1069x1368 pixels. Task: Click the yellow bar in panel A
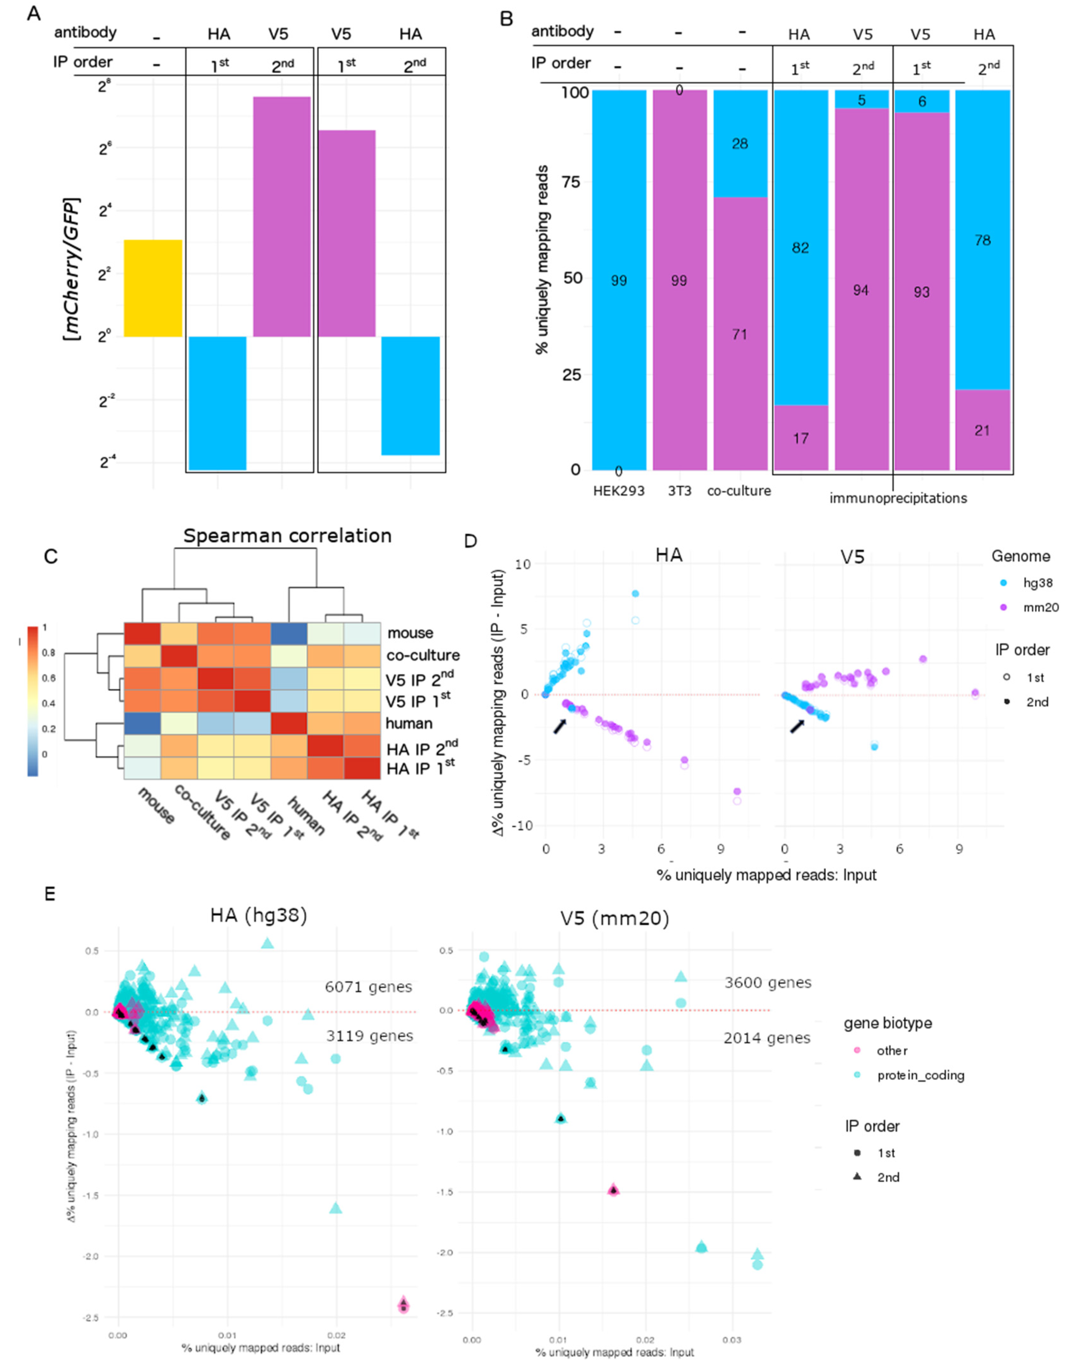153,288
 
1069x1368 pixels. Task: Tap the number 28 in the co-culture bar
740,144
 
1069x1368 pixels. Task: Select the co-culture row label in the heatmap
423,655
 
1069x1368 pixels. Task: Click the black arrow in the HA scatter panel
560,727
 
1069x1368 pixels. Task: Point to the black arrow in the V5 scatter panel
797,727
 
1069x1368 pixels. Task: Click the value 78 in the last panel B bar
983,240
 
